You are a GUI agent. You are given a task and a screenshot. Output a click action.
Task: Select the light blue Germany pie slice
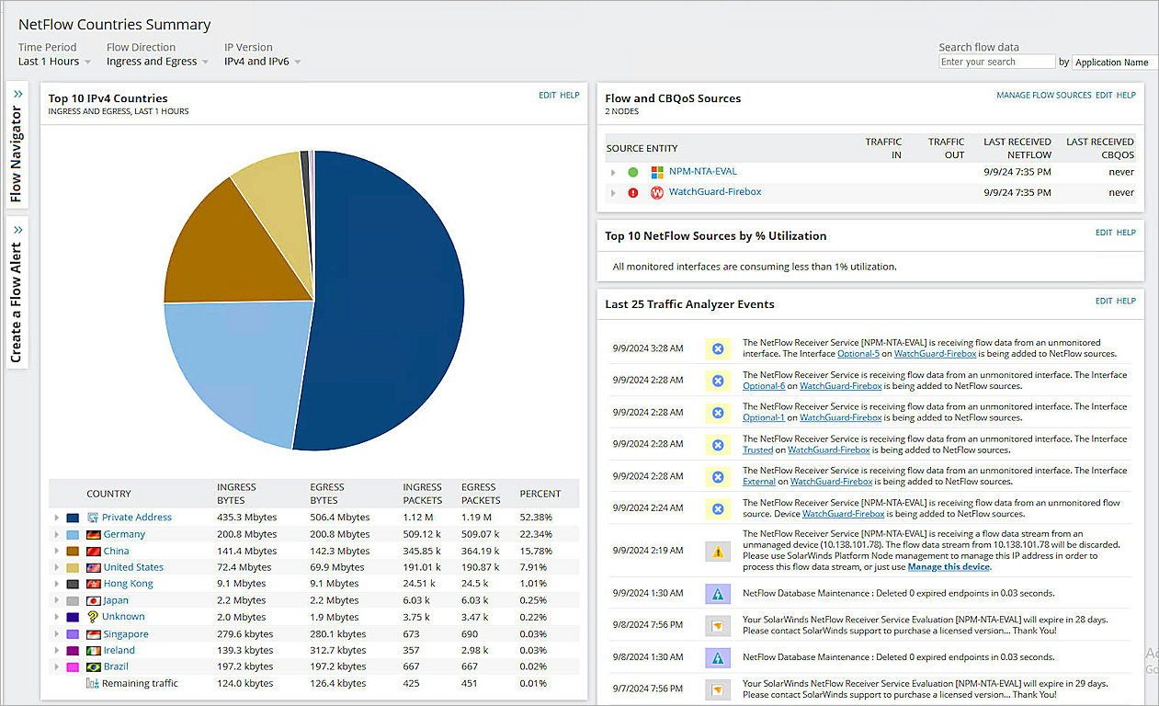coord(234,368)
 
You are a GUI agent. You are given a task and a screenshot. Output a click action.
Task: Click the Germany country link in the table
coord(123,534)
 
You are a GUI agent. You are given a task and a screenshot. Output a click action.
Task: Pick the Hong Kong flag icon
coord(93,584)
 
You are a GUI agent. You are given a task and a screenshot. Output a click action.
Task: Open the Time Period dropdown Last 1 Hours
coord(54,62)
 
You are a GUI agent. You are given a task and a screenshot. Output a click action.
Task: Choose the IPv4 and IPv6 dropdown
coord(262,62)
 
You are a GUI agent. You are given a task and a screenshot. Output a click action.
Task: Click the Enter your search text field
coord(996,62)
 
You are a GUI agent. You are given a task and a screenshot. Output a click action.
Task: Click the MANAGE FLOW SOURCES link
coord(1043,96)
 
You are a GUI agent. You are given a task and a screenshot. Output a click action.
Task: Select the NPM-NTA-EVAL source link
coord(702,172)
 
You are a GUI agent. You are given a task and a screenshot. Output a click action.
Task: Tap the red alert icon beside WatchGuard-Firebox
coord(632,193)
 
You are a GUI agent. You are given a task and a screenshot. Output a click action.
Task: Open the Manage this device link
coord(949,567)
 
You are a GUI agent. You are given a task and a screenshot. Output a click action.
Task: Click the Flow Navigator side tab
coord(17,147)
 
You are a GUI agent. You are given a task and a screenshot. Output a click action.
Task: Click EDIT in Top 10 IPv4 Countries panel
coord(547,96)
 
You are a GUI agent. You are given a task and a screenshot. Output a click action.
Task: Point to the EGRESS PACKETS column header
coord(481,494)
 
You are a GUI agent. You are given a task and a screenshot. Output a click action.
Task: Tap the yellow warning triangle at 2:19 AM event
coord(718,551)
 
